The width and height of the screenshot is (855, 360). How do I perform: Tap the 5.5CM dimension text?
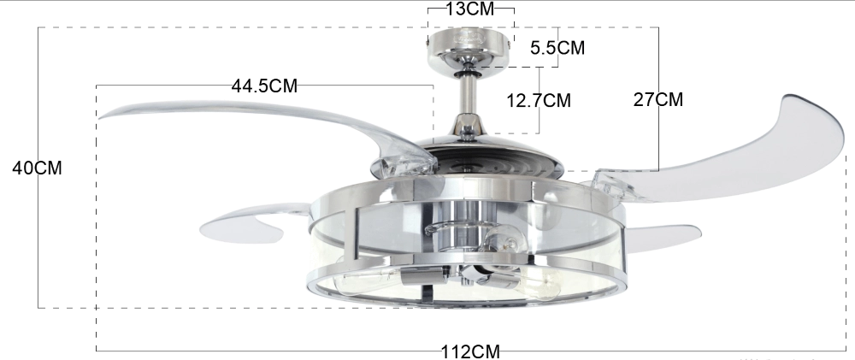click(557, 48)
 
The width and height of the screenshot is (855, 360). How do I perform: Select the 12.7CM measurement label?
click(539, 100)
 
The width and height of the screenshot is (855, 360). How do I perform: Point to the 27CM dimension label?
click(657, 98)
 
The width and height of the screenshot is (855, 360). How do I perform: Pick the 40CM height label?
click(35, 168)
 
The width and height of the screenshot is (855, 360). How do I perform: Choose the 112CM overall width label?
click(469, 351)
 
